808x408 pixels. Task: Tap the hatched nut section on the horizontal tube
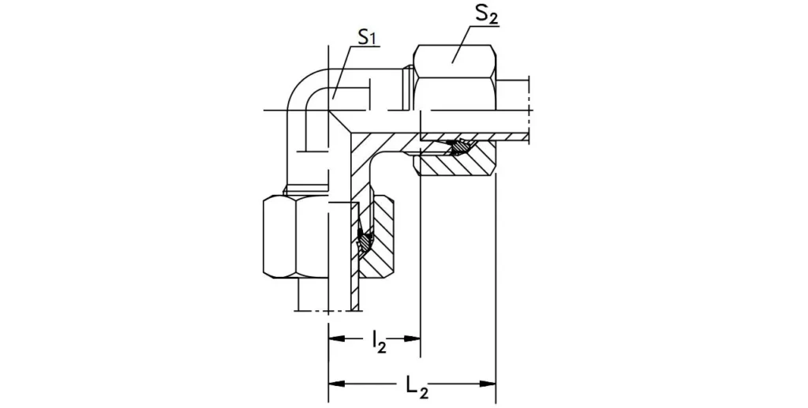[458, 164]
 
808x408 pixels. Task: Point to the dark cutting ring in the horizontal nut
[458, 147]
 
